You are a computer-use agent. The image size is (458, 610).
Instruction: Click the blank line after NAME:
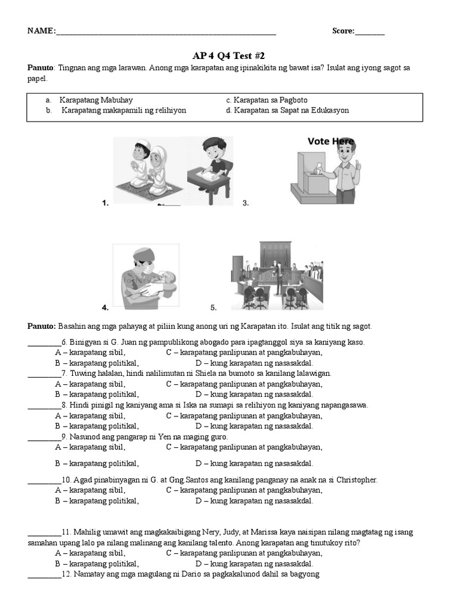pyautogui.click(x=166, y=32)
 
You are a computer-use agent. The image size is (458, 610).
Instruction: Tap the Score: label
pyautogui.click(x=343, y=32)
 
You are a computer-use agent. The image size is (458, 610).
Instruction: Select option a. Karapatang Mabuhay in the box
pyautogui.click(x=95, y=100)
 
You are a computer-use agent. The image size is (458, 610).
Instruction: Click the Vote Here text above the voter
pyautogui.click(x=331, y=142)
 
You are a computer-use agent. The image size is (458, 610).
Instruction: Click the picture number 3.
pyautogui.click(x=245, y=203)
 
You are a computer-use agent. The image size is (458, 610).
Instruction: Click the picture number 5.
pyautogui.click(x=213, y=308)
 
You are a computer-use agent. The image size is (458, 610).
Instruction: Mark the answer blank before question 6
pyautogui.click(x=44, y=343)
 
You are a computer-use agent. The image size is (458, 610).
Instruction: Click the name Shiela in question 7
pyautogui.click(x=194, y=374)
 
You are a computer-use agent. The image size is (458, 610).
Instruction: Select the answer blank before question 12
pyautogui.click(x=44, y=575)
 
